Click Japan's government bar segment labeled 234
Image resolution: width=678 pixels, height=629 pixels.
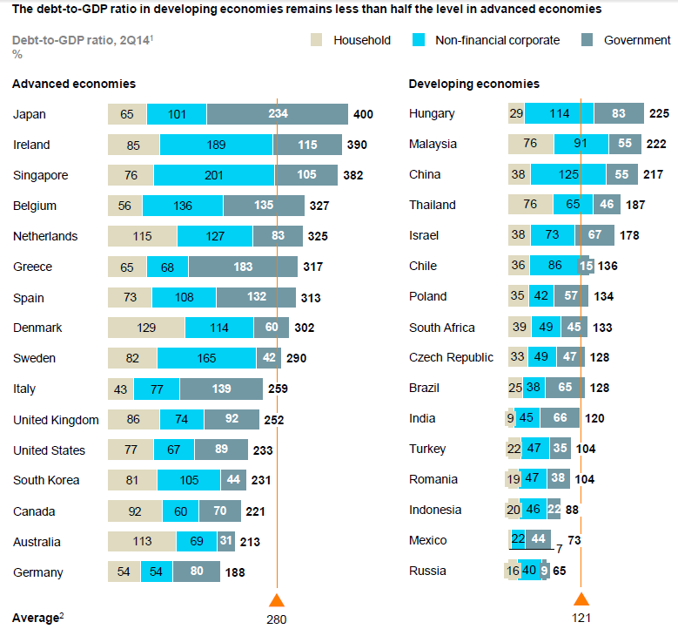(x=278, y=114)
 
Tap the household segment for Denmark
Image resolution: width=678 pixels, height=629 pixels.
(x=146, y=328)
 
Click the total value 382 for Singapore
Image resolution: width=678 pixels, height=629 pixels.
(x=353, y=175)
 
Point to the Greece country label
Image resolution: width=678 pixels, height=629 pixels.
(x=32, y=267)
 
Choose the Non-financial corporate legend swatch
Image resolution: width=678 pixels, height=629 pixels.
(x=419, y=40)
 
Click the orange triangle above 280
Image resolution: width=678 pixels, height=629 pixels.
(x=277, y=599)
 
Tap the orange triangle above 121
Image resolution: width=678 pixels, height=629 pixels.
(x=581, y=599)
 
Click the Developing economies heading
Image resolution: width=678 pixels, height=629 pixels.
(x=473, y=84)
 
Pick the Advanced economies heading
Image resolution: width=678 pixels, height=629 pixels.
(x=74, y=84)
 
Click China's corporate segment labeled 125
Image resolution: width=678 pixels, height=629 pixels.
(x=568, y=174)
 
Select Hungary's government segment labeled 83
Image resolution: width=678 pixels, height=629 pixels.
(x=619, y=113)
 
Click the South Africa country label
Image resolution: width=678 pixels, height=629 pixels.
(x=441, y=328)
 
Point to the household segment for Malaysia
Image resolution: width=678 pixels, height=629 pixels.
(x=531, y=144)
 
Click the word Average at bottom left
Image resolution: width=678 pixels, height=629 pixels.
(x=34, y=618)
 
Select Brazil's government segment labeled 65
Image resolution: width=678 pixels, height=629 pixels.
(x=564, y=388)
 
